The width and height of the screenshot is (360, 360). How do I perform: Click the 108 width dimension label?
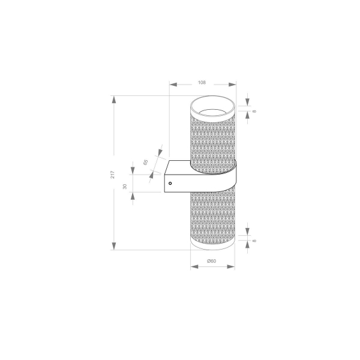pos(202,82)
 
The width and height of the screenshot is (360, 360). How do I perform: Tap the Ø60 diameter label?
pos(211,260)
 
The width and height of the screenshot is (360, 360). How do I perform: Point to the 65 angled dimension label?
pos(146,163)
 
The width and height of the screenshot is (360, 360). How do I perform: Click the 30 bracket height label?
pos(125,187)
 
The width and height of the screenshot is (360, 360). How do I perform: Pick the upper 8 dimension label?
pos(254,112)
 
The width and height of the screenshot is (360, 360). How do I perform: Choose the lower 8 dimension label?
pos(254,241)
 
